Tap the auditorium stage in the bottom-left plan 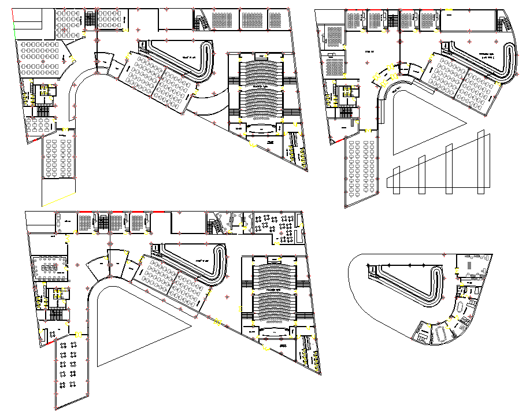(272, 331)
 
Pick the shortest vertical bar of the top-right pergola (395, 179)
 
